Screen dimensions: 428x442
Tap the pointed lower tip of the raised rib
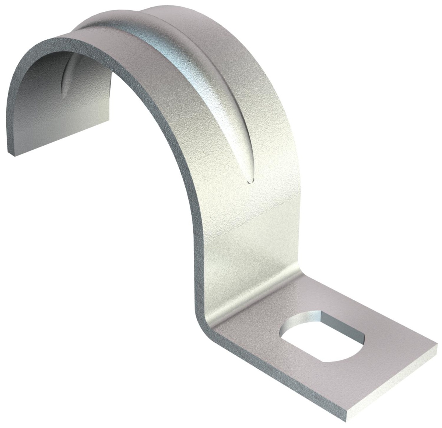[250, 180]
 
